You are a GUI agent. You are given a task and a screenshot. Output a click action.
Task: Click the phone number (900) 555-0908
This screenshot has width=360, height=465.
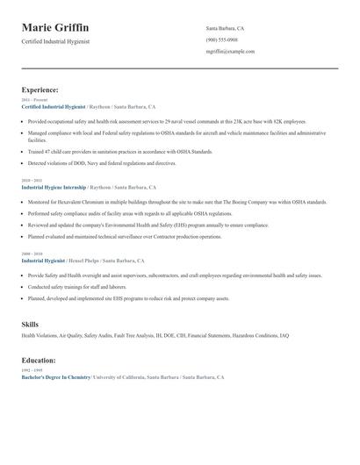pos(221,40)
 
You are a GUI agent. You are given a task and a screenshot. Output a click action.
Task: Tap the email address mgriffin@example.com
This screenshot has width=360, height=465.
pos(230,52)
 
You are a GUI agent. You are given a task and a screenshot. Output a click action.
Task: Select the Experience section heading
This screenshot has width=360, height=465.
pos(40,89)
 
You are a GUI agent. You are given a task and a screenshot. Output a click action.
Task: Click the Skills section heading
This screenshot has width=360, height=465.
pos(30,325)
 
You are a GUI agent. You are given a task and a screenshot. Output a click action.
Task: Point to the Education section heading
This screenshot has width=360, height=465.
pos(40,360)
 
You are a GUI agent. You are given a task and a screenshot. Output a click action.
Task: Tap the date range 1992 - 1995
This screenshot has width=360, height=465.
pos(31,370)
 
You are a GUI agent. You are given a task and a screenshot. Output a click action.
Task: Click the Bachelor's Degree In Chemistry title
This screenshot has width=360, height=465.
pos(56,376)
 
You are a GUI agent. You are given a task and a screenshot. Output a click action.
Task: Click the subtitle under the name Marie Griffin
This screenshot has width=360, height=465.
pos(55,41)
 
